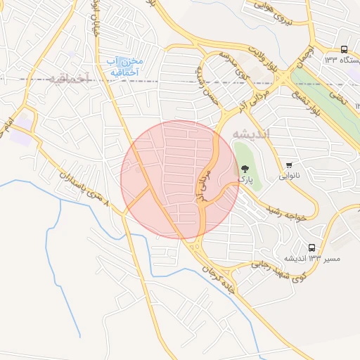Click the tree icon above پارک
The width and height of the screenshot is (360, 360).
245,169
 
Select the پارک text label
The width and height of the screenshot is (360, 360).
245,180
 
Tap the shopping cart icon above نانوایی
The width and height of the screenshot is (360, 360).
289,165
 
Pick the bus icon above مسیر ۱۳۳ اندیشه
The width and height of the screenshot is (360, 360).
311,247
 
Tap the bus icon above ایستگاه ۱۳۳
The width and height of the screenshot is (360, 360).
344,49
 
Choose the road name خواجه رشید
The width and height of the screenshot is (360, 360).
288,214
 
